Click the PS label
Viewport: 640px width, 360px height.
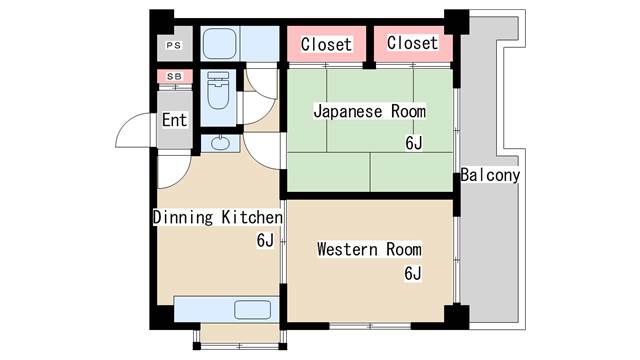pos(173,45)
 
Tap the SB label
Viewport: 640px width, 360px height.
pos(174,76)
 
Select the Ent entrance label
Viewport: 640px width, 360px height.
pos(174,120)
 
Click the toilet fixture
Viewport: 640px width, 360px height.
pos(218,91)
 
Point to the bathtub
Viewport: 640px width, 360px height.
pos(220,44)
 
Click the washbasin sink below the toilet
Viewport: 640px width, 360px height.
pos(220,143)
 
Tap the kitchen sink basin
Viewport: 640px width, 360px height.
pos(253,310)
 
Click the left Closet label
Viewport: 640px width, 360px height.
pos(326,44)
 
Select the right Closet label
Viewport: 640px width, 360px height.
pos(413,42)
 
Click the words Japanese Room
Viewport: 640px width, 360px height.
pos(369,111)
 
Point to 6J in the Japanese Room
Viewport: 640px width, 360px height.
pos(414,143)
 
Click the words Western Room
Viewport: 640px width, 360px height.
pos(369,249)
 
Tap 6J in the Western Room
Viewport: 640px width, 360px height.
pos(413,273)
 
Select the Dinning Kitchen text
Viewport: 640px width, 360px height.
pos(218,217)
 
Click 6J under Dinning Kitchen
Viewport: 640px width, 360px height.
pos(265,240)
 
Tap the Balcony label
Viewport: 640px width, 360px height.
pos(490,175)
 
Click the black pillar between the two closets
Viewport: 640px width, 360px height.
pos(369,46)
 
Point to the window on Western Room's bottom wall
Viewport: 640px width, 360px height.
pos(370,326)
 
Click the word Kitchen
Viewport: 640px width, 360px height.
pos(252,217)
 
